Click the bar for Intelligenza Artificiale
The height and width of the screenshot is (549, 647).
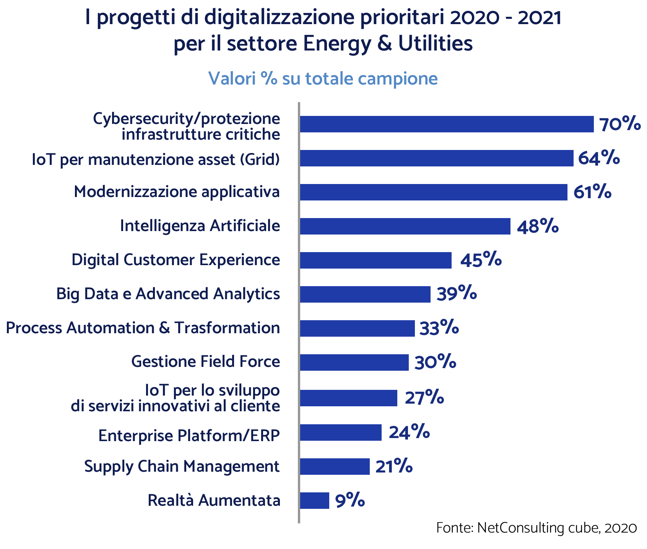405,226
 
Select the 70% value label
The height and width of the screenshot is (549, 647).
619,124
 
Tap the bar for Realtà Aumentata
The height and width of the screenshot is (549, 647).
314,500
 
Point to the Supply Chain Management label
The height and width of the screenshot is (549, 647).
182,466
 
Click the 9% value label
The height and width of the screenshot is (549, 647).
350,500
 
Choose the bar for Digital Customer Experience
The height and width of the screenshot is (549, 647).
376,260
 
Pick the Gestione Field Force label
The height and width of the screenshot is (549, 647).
205,362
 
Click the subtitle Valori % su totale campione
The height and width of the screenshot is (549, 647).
323,79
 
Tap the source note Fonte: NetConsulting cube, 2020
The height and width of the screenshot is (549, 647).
536,528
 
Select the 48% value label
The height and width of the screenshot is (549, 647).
538,226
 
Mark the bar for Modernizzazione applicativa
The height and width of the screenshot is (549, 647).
433,192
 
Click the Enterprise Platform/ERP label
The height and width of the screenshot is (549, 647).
189,435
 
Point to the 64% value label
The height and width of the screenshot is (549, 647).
599,158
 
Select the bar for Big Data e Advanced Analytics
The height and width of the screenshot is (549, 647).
365,294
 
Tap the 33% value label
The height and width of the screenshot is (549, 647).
439,328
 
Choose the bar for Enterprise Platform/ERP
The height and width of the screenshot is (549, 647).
341,433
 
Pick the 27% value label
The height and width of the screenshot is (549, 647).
424,398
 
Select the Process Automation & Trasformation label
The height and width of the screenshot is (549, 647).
143,328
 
